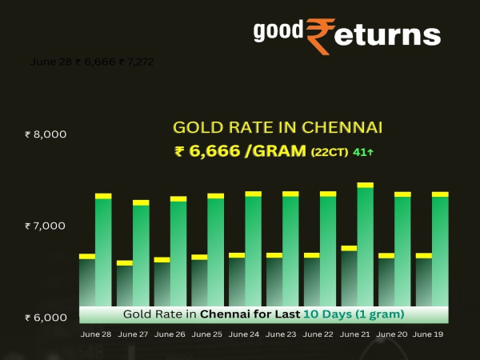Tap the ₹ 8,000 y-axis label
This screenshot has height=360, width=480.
[46, 134]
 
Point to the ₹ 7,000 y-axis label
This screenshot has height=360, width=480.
[46, 226]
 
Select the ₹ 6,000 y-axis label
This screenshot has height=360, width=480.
[46, 318]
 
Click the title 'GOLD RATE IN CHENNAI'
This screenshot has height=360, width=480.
[278, 127]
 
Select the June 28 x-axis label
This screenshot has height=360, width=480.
[96, 334]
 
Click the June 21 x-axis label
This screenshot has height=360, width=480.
[355, 334]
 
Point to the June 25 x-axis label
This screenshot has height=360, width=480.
[207, 334]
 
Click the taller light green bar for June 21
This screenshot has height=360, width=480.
[366, 248]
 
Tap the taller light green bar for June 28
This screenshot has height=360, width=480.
[103, 252]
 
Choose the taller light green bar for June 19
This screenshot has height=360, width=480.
[440, 252]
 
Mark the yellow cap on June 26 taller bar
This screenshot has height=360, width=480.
[178, 198]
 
